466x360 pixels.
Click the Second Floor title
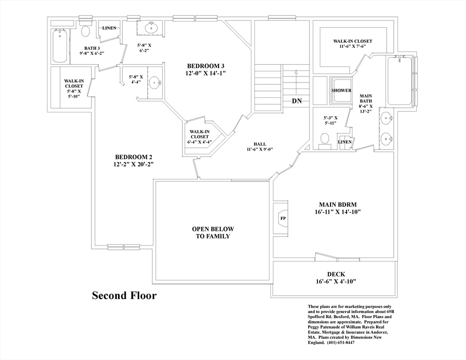pyautogui.click(x=124, y=295)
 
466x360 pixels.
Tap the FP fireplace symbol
pyautogui.click(x=283, y=218)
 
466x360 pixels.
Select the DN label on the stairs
pyautogui.click(x=296, y=101)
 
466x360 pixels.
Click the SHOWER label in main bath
pyautogui.click(x=341, y=90)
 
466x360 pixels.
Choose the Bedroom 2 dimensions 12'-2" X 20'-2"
pyautogui.click(x=133, y=164)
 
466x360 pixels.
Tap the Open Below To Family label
pyautogui.click(x=212, y=232)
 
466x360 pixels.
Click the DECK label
pyautogui.click(x=336, y=274)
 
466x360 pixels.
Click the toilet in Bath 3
pyautogui.click(x=85, y=31)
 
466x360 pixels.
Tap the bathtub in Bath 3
pyautogui.click(x=60, y=46)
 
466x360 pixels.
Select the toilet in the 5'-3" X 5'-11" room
pyautogui.click(x=324, y=139)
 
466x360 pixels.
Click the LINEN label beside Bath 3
pyautogui.click(x=109, y=28)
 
